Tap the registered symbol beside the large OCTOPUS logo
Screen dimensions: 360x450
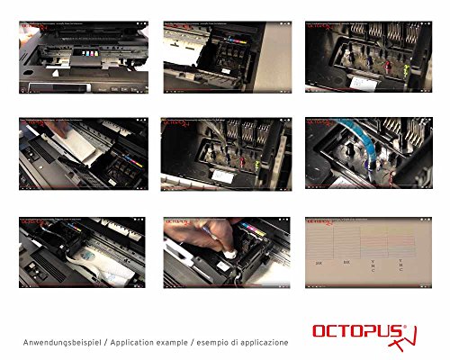pos(404,324)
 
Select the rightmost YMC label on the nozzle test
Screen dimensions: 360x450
pos(401,265)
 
